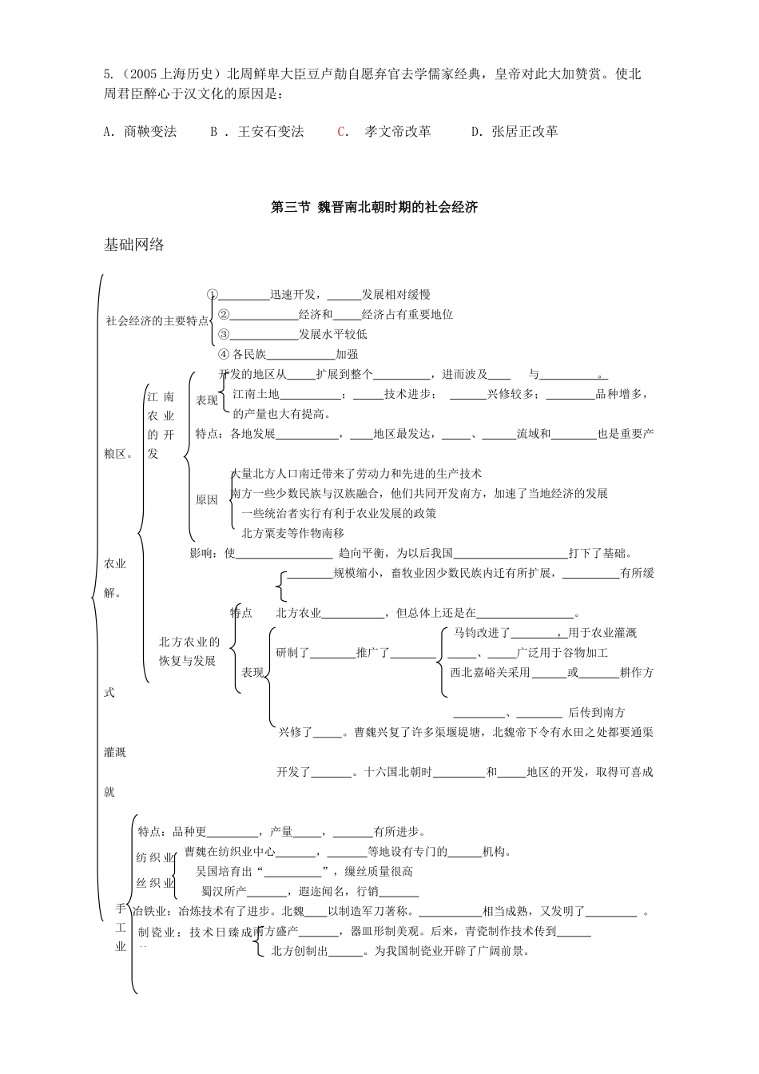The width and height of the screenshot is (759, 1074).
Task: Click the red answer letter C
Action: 342,131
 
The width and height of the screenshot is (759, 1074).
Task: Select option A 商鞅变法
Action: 140,131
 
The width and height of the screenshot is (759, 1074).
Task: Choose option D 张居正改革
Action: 515,131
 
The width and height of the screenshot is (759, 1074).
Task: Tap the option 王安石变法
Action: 271,131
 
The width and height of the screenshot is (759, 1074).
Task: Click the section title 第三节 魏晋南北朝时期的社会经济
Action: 374,207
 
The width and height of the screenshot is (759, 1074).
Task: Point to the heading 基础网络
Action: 134,245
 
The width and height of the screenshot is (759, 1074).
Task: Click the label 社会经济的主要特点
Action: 157,320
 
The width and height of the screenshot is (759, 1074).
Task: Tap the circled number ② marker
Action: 224,315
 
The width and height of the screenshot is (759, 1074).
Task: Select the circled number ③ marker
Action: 224,334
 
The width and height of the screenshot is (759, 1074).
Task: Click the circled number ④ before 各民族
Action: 224,354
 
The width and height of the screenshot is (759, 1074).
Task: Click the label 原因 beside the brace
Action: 207,499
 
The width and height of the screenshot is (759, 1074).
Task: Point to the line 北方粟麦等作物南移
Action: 293,533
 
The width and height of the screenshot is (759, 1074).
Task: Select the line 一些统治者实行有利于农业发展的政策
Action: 339,514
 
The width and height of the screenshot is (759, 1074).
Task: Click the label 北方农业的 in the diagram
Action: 189,642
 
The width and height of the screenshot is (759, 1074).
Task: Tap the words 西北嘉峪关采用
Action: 490,672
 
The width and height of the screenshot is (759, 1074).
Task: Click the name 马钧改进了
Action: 482,633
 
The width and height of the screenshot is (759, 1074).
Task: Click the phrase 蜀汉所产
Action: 224,891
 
